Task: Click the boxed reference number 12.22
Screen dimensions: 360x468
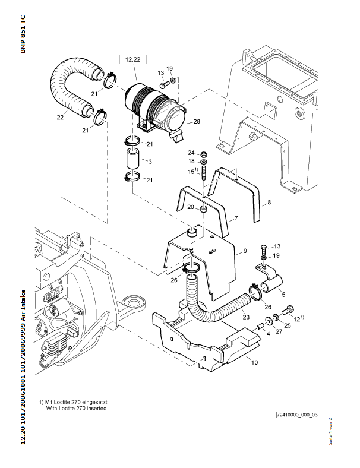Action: pos(133,59)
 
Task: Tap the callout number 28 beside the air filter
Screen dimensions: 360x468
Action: pos(197,122)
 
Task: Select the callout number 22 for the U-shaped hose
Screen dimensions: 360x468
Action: pos(60,118)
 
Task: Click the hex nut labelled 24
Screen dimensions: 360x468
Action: pos(204,154)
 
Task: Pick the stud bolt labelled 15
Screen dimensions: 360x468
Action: pos(204,173)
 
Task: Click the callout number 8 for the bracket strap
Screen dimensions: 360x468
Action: pos(269,203)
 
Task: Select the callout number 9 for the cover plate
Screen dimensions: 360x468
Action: pos(245,251)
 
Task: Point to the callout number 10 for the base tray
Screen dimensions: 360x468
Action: pos(254,362)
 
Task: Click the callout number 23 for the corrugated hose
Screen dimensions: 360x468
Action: pos(246,317)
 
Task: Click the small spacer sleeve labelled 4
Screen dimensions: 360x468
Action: pos(260,327)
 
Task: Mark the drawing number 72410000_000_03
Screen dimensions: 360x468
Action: pos(297,415)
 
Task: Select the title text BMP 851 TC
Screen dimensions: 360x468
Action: pos(23,34)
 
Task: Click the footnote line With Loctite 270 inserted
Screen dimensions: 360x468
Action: pos(77,408)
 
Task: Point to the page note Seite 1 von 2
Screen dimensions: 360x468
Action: pos(330,431)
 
